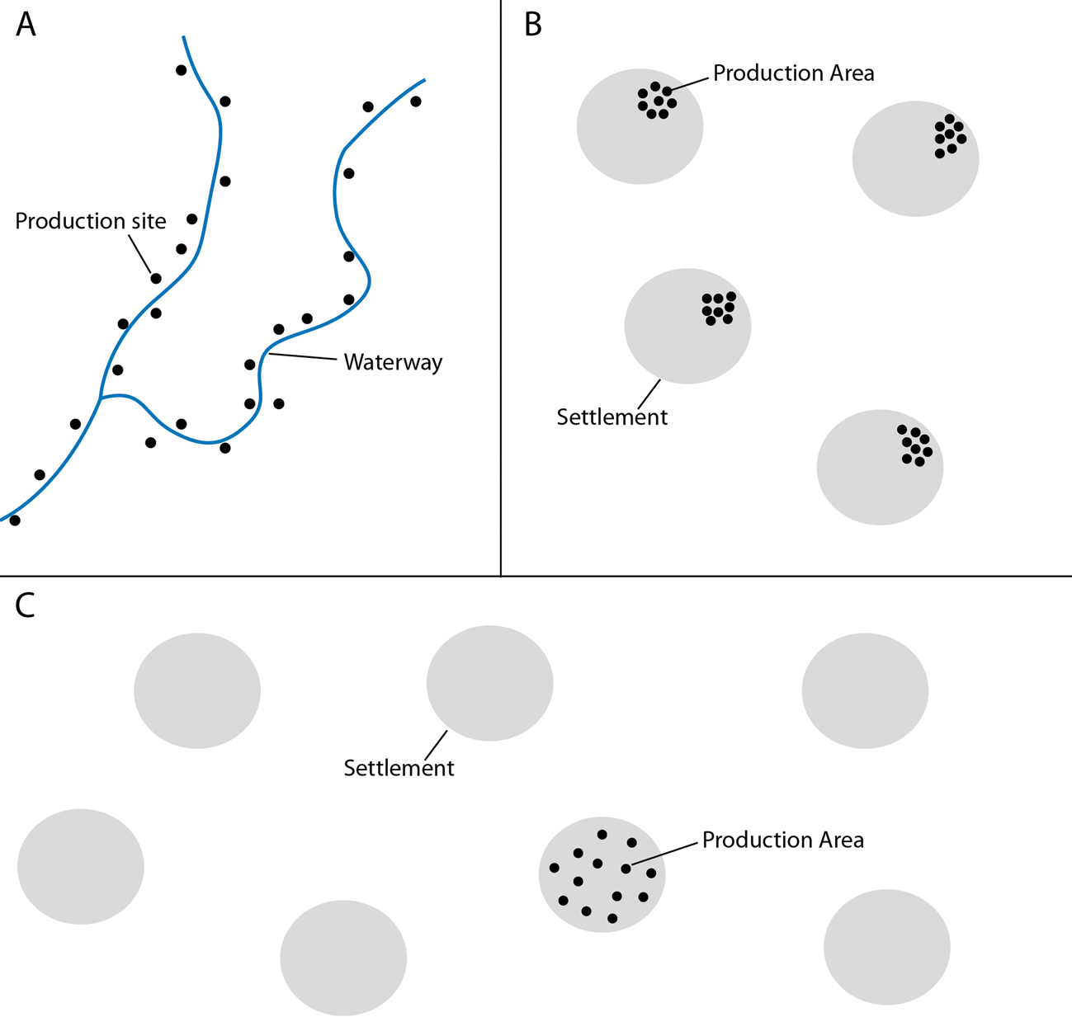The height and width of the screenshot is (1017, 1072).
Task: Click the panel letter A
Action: coord(26,26)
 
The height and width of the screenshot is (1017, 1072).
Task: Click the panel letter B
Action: coord(533,26)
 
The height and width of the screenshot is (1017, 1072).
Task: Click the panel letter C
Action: coord(26,605)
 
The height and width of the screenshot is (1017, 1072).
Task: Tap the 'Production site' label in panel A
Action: coord(91,221)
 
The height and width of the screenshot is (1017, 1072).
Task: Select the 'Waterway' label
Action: coord(393,362)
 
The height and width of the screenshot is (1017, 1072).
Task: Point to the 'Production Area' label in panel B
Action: coord(793,73)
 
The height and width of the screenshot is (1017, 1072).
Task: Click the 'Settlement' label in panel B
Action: coord(612,417)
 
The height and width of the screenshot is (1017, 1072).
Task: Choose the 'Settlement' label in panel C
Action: coord(399,768)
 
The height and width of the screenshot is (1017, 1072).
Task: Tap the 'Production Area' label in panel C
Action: coord(782,840)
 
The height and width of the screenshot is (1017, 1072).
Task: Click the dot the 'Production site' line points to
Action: coord(156,279)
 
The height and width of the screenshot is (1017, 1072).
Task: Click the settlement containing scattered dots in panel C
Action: coord(602,874)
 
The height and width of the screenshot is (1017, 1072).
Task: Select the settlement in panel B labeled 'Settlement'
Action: coord(687,326)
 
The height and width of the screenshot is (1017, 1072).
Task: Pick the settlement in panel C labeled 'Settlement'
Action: coord(489,683)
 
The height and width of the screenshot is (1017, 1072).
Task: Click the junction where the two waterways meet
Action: coord(101,398)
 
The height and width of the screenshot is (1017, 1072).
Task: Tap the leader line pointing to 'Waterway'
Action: coord(302,357)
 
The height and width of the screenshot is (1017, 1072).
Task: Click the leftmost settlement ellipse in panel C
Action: coord(81,866)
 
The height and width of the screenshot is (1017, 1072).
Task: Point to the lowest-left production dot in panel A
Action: coord(14,520)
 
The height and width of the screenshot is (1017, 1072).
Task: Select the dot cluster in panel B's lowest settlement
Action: coord(915,445)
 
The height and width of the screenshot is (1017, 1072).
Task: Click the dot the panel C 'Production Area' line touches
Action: coord(626,869)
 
